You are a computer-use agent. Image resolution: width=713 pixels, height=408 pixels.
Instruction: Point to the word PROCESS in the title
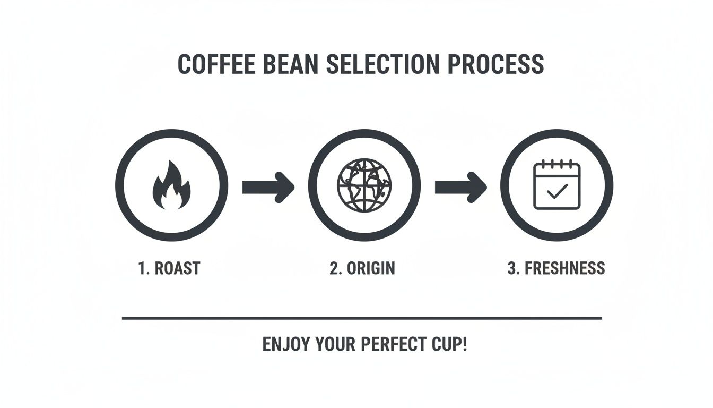point(495,64)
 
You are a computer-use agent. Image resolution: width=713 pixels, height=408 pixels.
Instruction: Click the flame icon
point(171,185)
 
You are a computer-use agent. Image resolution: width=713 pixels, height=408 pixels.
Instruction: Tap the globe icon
point(364,185)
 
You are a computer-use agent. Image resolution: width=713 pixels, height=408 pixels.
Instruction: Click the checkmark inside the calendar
point(557,191)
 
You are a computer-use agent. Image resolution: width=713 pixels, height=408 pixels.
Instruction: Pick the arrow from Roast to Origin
point(268,186)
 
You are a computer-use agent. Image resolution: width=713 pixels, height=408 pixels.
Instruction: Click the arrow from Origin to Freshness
point(460,186)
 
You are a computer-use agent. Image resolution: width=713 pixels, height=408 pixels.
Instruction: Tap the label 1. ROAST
point(169,268)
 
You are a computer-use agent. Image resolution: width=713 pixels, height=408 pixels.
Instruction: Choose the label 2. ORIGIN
point(362,268)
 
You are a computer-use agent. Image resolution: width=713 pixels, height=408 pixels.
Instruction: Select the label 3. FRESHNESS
point(556,268)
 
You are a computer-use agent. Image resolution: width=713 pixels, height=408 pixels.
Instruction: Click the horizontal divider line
point(362,318)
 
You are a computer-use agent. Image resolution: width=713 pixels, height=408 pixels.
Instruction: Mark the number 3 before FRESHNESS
point(511,268)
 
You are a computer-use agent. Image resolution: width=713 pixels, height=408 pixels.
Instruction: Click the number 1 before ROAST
point(142,268)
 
